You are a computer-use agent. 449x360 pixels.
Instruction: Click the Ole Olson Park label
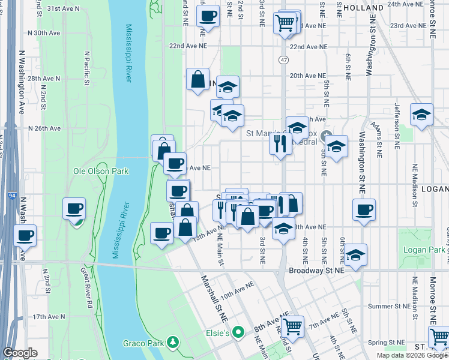click(101, 171)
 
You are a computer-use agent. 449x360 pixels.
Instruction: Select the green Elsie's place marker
click(239, 332)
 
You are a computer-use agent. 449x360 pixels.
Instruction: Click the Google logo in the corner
click(20, 353)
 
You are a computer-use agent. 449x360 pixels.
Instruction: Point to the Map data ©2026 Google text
click(412, 355)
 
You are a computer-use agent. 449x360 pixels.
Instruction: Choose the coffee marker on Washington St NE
click(364, 210)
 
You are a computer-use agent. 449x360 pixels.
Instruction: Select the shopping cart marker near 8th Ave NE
click(292, 327)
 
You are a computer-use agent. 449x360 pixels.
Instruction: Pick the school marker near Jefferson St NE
click(421, 115)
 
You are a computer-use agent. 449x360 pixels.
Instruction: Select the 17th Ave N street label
click(45, 316)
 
